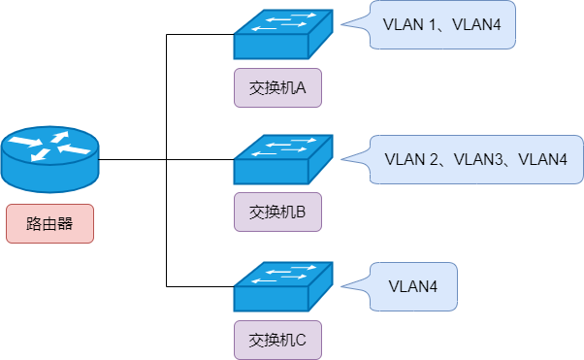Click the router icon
[49, 159]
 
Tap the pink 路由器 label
[50, 223]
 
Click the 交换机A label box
[277, 88]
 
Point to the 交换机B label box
[277, 211]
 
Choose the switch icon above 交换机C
[282, 285]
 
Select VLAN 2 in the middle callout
[412, 158]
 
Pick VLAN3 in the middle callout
[477, 158]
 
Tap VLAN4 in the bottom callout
[412, 286]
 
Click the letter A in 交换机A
[301, 88]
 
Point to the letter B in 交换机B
[301, 211]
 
